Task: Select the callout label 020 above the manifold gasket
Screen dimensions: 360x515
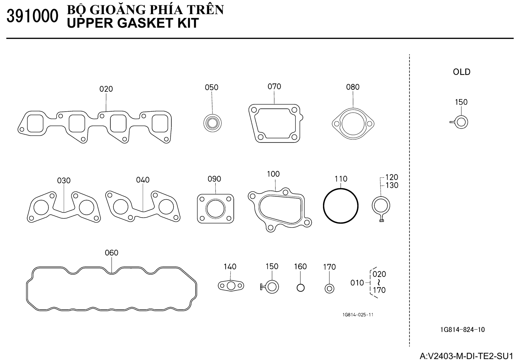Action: [106, 89]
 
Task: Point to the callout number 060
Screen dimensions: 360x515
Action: [112, 252]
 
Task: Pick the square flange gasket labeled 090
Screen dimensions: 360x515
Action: [216, 208]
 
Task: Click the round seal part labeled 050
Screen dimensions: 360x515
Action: [212, 122]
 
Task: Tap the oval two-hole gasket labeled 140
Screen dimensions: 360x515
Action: [231, 286]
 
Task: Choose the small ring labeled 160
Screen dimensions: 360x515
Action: [300, 287]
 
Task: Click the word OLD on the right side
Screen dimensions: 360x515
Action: [462, 72]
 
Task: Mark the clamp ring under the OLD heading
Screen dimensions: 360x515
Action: [461, 122]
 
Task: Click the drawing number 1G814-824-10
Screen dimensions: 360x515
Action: [462, 330]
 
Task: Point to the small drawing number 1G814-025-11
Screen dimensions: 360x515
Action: [358, 315]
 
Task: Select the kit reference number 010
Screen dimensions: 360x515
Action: [357, 283]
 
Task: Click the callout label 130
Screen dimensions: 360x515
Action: [392, 186]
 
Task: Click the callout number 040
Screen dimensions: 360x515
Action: [143, 180]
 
